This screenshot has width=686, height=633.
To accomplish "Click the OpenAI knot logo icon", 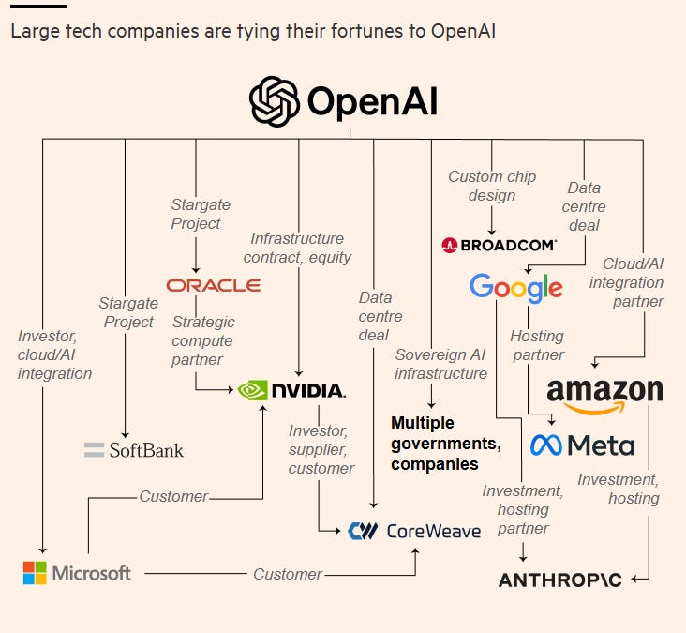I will pyautogui.click(x=274, y=101).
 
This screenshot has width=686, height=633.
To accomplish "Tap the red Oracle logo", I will pyautogui.click(x=213, y=285).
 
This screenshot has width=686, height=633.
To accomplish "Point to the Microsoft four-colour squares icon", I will pyautogui.click(x=35, y=572).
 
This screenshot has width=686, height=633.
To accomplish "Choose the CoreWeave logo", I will pyautogui.click(x=413, y=532).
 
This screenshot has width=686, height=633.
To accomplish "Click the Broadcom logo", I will pyautogui.click(x=499, y=245).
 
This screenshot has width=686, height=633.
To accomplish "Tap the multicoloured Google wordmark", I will pyautogui.click(x=516, y=288).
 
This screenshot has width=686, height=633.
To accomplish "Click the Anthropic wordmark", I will pyautogui.click(x=560, y=580).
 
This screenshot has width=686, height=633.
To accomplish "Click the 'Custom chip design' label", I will pyautogui.click(x=492, y=186).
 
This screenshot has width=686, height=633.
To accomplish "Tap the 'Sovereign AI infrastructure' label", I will pyautogui.click(x=440, y=364).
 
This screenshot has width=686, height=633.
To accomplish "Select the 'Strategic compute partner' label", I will pyautogui.click(x=203, y=340).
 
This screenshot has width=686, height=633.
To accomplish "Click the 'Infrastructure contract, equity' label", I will pyautogui.click(x=297, y=248).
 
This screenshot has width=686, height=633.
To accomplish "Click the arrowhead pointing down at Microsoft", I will pyautogui.click(x=41, y=550).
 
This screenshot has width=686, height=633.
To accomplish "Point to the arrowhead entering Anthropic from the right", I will pyautogui.click(x=634, y=580).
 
